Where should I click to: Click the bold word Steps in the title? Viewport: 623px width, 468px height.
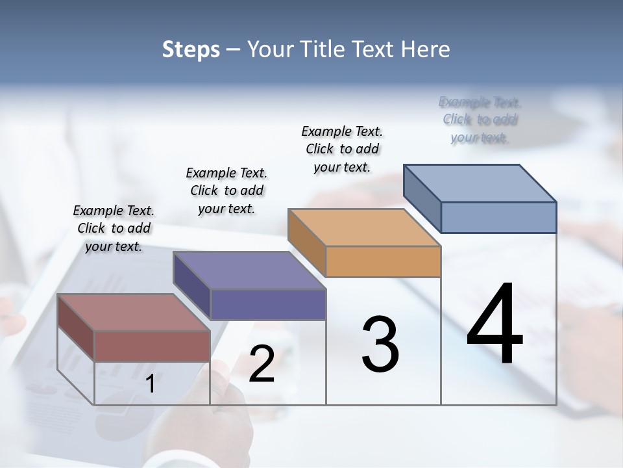point(191,49)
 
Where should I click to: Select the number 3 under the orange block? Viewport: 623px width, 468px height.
point(380,344)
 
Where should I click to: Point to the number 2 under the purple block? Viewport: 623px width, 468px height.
point(262,364)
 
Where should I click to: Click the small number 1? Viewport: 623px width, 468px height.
point(151,384)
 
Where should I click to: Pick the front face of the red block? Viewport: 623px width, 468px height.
point(152,346)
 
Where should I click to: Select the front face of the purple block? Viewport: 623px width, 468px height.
point(268,304)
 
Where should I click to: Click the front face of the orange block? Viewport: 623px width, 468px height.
point(383,261)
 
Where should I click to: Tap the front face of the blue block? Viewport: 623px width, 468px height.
point(498,217)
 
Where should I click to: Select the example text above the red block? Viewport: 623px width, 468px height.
point(114,228)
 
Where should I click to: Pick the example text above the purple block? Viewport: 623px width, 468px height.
point(226,190)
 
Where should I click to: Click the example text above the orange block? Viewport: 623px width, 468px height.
point(342,149)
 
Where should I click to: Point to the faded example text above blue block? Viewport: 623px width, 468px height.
point(480,120)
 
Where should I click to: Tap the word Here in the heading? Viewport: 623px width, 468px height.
point(427,49)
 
